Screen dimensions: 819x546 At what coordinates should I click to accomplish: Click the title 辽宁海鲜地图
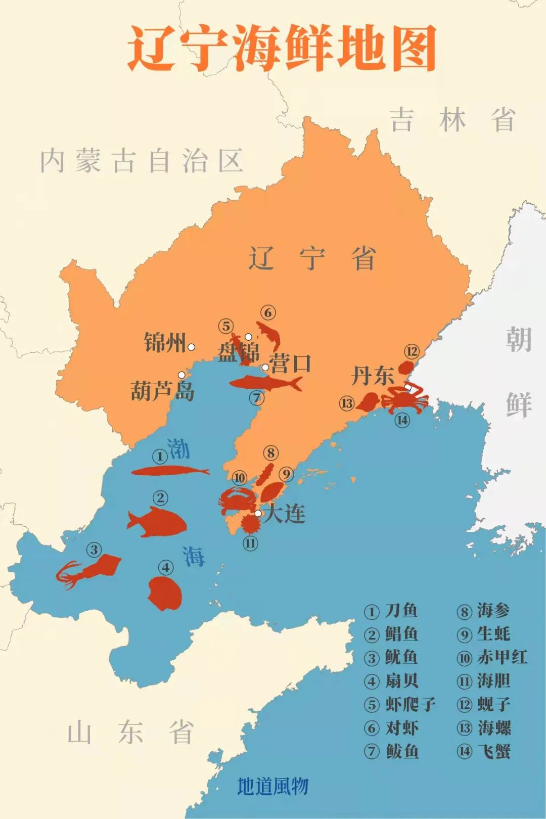click(x=281, y=49)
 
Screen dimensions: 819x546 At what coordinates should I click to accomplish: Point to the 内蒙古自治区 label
click(x=141, y=161)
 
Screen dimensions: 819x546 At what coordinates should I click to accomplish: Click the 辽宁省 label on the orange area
click(x=311, y=259)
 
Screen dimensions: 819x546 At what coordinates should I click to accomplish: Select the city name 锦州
click(x=165, y=343)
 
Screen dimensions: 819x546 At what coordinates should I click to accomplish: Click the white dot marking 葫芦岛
click(x=181, y=375)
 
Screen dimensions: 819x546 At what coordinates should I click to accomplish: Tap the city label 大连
click(x=285, y=514)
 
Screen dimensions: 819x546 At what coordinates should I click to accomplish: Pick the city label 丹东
click(x=373, y=376)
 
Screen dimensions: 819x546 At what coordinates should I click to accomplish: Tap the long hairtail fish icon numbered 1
click(x=169, y=471)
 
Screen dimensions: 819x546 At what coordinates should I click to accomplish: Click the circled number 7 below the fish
click(x=257, y=398)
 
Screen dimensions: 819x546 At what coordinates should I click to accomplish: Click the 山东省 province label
click(x=130, y=733)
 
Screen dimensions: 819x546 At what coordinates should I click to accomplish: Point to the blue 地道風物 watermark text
click(x=272, y=786)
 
